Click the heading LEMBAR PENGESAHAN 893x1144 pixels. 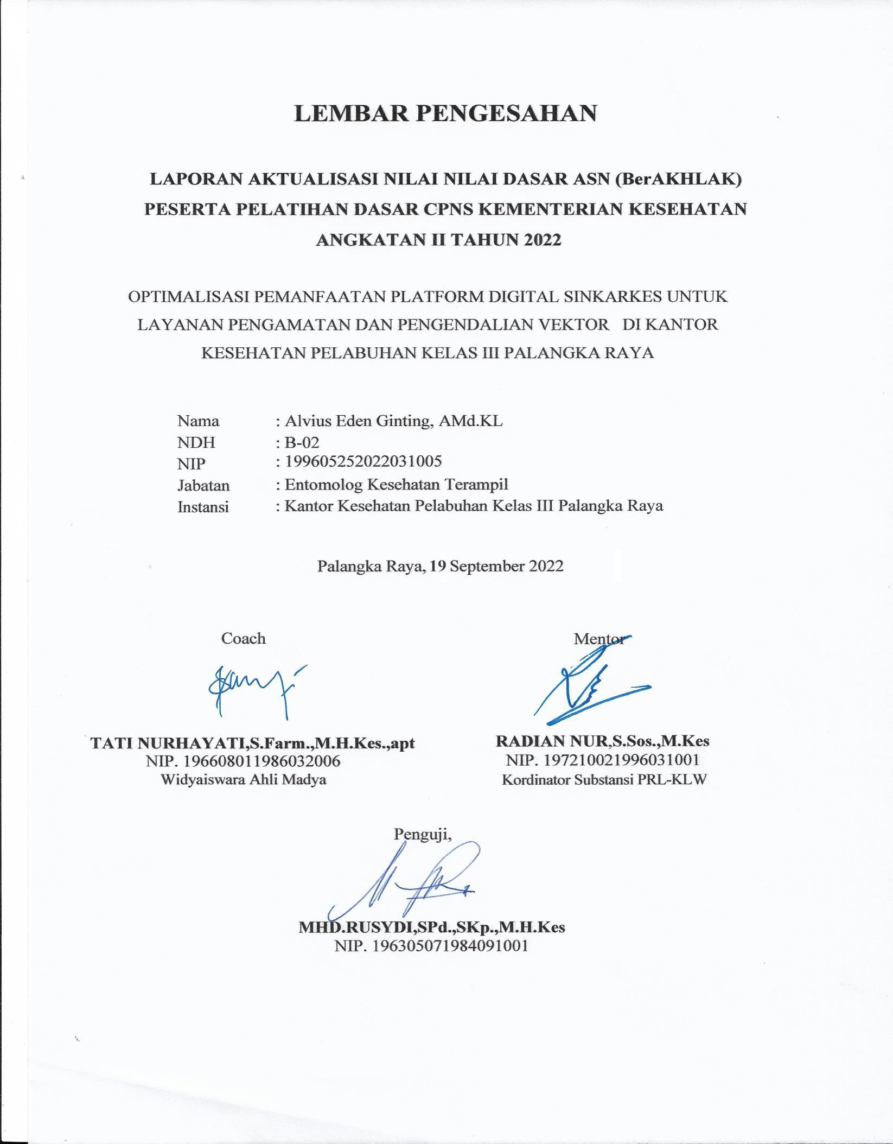pyautogui.click(x=445, y=113)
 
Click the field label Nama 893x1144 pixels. pyautogui.click(x=198, y=421)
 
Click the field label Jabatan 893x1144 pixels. pyautogui.click(x=203, y=485)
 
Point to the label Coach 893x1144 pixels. pyautogui.click(x=243, y=638)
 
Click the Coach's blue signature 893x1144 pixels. pyautogui.click(x=255, y=687)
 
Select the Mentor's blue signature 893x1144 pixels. pyautogui.click(x=586, y=687)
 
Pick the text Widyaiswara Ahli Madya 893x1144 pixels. pyautogui.click(x=244, y=780)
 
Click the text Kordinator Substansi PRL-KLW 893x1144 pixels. pyautogui.click(x=604, y=780)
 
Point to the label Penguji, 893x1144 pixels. pyautogui.click(x=423, y=834)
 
